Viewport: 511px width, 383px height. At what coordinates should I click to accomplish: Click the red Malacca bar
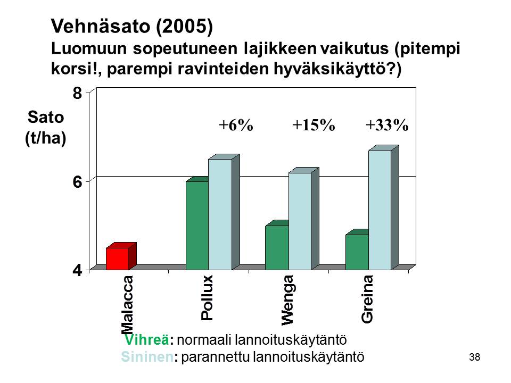(x=121, y=256)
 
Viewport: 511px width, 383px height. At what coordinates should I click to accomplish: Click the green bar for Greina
(x=357, y=250)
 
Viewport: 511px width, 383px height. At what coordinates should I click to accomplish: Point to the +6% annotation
(x=236, y=125)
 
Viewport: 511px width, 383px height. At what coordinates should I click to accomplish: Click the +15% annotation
(x=314, y=125)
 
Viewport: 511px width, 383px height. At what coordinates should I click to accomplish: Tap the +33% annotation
(x=387, y=125)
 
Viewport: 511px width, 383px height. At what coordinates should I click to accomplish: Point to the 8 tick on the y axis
(x=77, y=94)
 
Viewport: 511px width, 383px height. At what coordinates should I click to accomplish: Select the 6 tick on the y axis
(x=77, y=182)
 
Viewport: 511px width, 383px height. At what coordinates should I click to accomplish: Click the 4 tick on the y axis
(x=77, y=270)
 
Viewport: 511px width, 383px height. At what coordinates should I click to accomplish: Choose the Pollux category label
(x=207, y=298)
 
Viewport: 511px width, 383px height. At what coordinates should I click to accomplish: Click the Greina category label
(x=367, y=299)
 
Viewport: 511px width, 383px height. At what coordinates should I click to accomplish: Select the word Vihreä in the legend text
(x=147, y=340)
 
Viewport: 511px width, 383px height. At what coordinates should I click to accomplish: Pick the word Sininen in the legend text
(x=147, y=357)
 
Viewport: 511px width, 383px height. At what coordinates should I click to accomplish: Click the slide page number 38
(x=474, y=357)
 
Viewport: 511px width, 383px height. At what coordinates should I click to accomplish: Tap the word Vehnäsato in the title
(x=102, y=26)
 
